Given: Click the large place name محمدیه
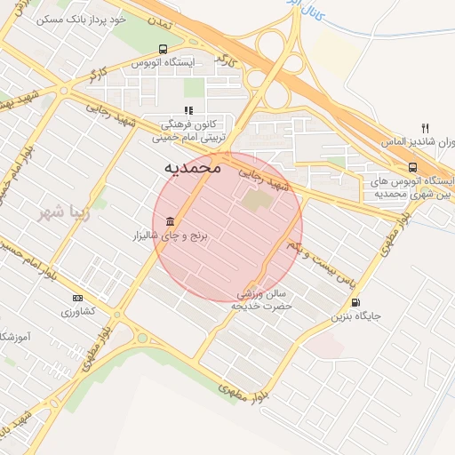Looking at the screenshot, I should coord(193,167).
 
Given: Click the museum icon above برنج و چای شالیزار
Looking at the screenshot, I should coord(169,221).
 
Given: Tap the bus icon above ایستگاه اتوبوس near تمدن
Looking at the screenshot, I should coord(162,49).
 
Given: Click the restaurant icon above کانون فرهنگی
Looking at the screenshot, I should coord(188,110).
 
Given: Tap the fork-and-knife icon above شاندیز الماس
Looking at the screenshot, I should coord(426,127).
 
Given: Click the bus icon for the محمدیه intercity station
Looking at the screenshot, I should coord(412,166).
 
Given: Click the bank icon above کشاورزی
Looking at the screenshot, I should coord(77,298).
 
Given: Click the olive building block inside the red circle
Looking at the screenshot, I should coord(257,203).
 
